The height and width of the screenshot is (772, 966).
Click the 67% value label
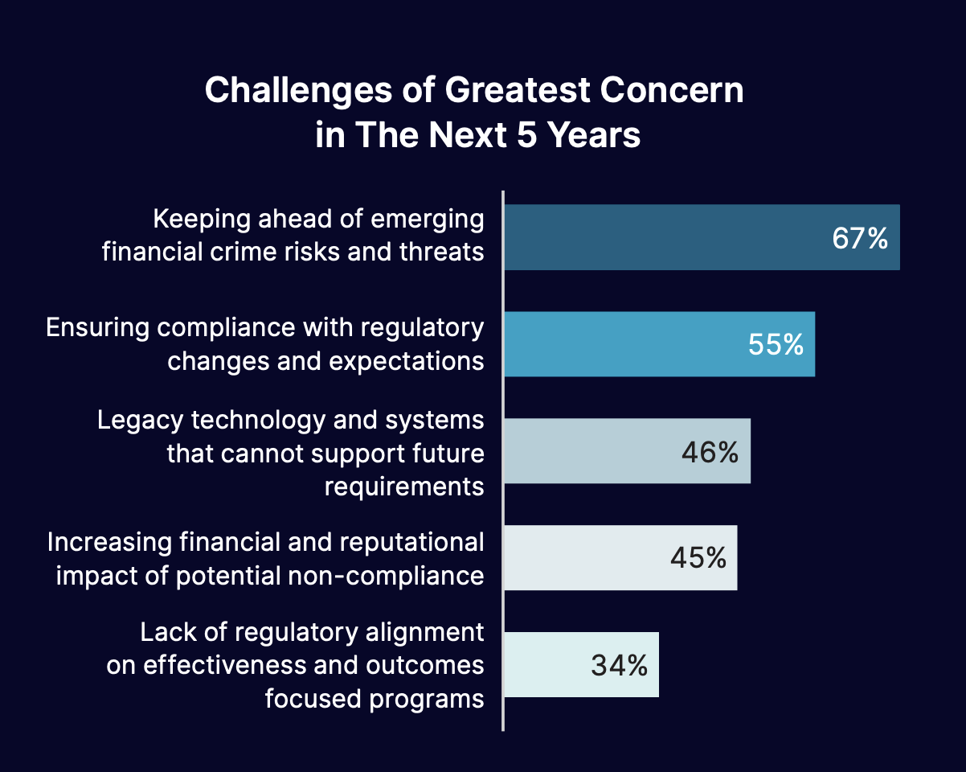[x=860, y=238]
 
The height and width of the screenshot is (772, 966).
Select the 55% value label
[x=776, y=345]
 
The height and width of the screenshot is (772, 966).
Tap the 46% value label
[x=710, y=453]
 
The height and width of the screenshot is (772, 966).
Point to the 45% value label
[x=698, y=558]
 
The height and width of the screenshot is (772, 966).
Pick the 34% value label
[x=619, y=665]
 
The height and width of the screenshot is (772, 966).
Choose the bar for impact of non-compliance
[x=579, y=558]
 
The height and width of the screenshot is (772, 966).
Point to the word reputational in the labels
[x=412, y=542]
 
